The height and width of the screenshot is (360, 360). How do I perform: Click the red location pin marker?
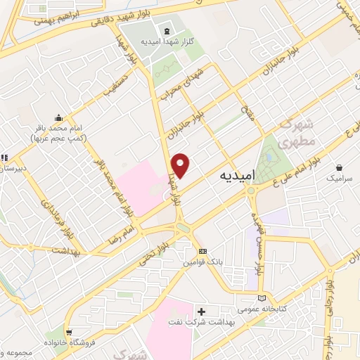(181, 165)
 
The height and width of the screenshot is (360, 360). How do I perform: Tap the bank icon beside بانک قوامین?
(202, 251)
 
